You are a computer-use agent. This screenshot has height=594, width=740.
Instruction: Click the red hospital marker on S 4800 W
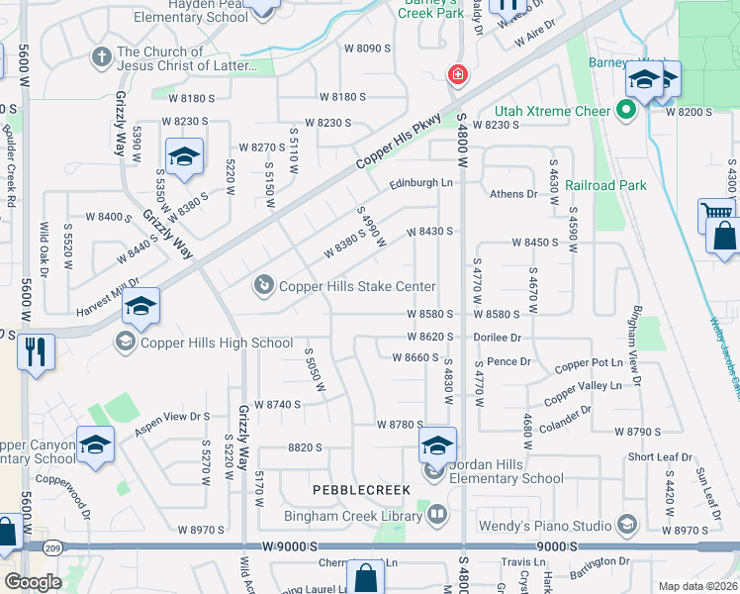tap(457, 74)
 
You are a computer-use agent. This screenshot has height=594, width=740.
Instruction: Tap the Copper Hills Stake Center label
tap(357, 286)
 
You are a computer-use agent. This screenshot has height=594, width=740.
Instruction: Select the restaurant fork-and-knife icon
tap(36, 351)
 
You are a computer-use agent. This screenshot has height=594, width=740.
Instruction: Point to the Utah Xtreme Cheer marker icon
tap(625, 110)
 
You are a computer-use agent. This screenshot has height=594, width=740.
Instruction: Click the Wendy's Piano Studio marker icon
tap(626, 524)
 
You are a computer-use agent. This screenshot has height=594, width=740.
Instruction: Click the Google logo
tap(32, 582)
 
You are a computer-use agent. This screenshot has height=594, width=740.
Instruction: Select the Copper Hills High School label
tap(217, 343)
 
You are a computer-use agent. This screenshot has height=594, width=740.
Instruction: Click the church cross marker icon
tap(101, 56)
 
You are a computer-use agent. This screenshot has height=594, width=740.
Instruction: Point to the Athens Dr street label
tap(512, 194)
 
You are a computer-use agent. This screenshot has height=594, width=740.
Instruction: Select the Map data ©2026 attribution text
tap(697, 586)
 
